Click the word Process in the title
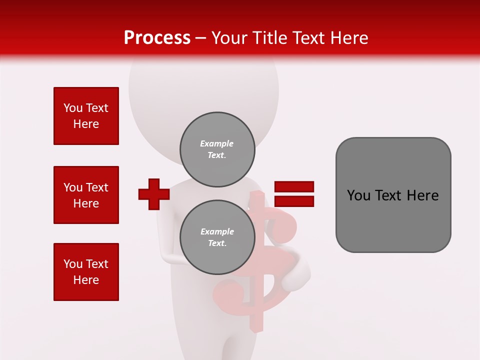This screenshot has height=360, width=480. pos(157,38)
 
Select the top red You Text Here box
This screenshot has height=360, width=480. pos(86,116)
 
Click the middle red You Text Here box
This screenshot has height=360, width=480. pos(86,195)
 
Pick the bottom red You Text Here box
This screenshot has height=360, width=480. pos(86,272)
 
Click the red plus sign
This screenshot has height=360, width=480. pos(154,194)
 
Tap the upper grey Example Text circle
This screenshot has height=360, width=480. pos(217,149)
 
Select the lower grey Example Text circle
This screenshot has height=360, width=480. pos(217,237)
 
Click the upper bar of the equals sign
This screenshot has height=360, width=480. pos(294,187)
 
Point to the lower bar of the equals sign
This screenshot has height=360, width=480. pos(294,201)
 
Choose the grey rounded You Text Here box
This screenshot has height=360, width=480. pos(393,195)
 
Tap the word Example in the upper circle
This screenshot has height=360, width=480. pos(217,143)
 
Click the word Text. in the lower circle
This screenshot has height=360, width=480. pos(217,243)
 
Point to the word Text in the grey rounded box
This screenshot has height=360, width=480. pos(390,195)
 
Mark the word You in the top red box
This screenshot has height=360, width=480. pos(73,108)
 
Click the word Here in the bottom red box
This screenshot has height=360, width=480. pos(86,280)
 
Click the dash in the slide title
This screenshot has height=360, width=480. pos(201,38)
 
